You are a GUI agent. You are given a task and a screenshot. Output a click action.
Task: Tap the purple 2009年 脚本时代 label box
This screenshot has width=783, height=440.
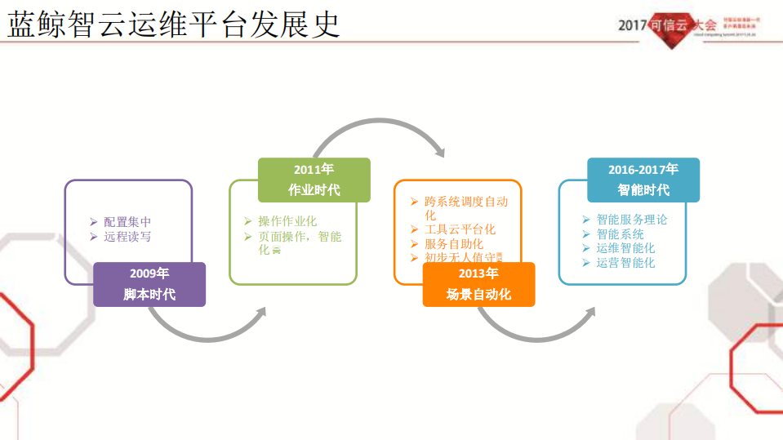[x=149, y=284]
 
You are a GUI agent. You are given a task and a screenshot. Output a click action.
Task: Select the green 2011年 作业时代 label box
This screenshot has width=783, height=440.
[x=314, y=180]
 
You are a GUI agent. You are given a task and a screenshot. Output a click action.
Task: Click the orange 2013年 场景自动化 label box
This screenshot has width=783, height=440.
[x=478, y=284]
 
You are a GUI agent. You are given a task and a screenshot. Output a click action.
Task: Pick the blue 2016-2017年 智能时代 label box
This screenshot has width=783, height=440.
[x=643, y=180]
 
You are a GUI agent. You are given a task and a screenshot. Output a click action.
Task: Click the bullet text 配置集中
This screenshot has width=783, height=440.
[x=127, y=222]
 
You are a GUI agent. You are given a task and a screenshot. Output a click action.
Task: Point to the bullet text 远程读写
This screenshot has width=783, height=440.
[x=127, y=237]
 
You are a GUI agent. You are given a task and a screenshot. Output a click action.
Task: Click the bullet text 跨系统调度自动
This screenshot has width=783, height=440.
[x=465, y=201]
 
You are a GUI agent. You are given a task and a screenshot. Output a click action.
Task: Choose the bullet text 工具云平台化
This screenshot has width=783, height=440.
[x=460, y=229]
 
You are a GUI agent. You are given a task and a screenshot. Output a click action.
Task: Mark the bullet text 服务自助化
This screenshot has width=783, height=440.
[x=454, y=243]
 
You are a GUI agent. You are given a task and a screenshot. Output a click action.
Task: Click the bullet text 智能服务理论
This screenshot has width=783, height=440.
[x=631, y=220]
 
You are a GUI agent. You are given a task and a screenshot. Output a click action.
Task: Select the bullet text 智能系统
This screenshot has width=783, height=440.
[x=620, y=234]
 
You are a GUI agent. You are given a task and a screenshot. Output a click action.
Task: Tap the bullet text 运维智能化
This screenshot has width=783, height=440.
[x=625, y=248]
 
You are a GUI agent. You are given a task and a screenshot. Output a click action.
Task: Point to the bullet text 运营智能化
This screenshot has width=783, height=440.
[x=625, y=263]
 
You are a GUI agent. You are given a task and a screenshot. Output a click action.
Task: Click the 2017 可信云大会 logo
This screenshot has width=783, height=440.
[x=690, y=27]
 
